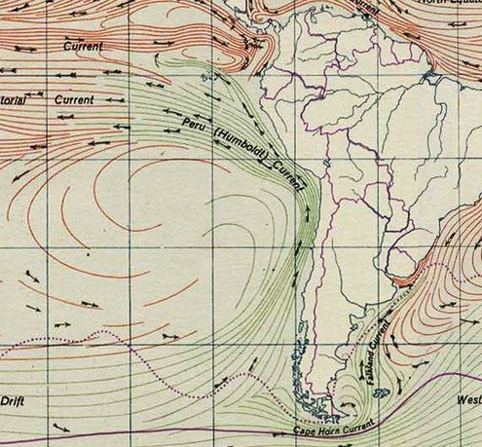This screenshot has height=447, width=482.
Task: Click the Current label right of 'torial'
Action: tap(74, 99)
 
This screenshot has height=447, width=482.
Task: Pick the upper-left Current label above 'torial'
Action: tap(82, 46)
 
